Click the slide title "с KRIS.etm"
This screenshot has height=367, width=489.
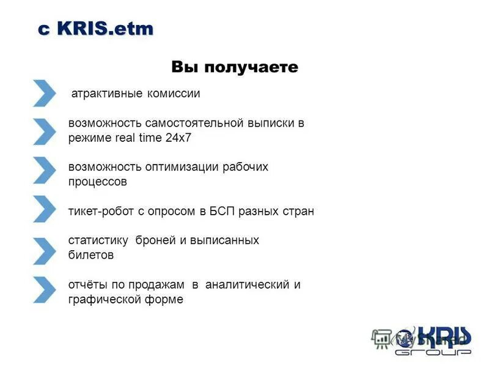coord(96,29)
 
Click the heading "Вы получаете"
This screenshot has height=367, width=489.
coord(235,67)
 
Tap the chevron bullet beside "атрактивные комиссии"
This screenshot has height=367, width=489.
coord(44,93)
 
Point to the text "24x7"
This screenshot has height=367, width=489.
coord(178,138)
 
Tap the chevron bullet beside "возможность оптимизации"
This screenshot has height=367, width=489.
coord(44,170)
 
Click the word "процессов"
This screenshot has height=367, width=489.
coord(98,182)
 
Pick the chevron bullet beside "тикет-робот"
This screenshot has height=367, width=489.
coord(44,209)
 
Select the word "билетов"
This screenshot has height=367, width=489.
coord(91,255)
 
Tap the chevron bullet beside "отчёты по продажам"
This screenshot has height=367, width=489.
coord(44,290)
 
